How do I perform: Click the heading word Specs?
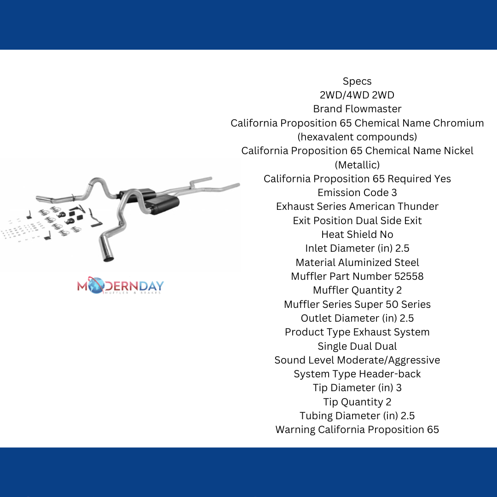coord(357,81)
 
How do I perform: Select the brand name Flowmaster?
coord(373,109)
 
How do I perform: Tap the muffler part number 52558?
coord(409,276)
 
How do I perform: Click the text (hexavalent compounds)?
coord(357,137)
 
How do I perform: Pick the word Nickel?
coord(458,150)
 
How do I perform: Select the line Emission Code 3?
coord(357,192)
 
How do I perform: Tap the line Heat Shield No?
coord(357,234)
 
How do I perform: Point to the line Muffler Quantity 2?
coord(357,290)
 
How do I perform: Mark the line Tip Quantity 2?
coord(357,402)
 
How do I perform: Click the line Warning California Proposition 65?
coord(357,429)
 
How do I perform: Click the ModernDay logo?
coord(121,285)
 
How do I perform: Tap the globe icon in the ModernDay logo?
coord(96,286)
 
